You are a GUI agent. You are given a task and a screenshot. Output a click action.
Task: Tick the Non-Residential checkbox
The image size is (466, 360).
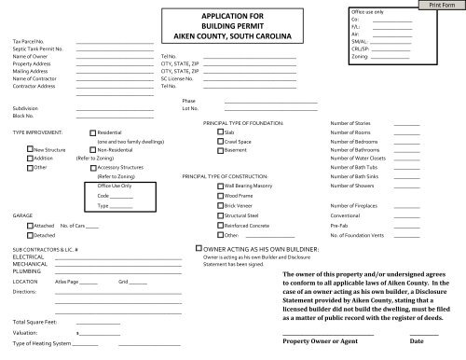pos(91,150)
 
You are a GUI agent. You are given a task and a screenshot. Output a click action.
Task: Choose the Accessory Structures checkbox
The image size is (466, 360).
pos(91,167)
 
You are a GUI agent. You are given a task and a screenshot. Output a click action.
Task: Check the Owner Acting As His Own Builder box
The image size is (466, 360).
pos(196,250)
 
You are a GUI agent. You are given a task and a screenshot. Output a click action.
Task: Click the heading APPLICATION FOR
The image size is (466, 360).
pos(227,16)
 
